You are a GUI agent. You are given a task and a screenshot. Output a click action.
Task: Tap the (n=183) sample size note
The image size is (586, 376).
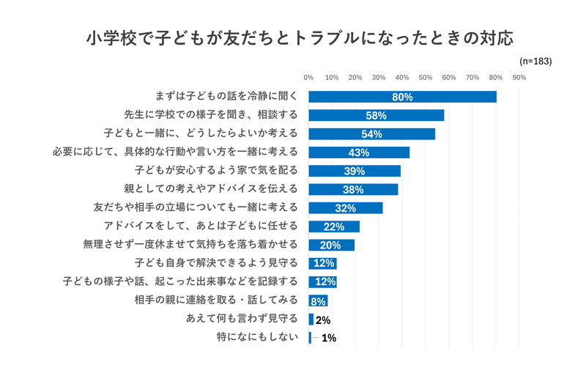535,62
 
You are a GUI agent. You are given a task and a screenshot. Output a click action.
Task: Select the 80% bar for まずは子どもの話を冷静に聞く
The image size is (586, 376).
402,97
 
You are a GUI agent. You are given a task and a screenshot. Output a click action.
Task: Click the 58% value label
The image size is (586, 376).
376,116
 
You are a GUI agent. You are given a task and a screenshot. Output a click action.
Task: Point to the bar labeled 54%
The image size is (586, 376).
371,133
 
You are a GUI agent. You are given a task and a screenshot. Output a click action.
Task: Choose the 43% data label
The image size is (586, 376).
359,152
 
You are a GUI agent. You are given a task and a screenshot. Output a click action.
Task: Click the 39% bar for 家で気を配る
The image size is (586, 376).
354,171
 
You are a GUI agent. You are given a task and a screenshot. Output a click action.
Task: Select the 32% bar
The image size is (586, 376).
345,208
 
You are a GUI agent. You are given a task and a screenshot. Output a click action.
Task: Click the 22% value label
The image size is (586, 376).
334,226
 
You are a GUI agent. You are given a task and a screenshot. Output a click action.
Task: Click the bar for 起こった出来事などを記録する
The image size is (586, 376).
322,282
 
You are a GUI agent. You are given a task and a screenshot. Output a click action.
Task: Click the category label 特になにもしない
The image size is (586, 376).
257,338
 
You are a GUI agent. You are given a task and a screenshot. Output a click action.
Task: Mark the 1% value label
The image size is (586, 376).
329,339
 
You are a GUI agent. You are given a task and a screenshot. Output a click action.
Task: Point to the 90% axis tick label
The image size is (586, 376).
519,77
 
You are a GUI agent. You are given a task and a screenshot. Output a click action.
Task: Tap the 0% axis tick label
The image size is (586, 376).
308,77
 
